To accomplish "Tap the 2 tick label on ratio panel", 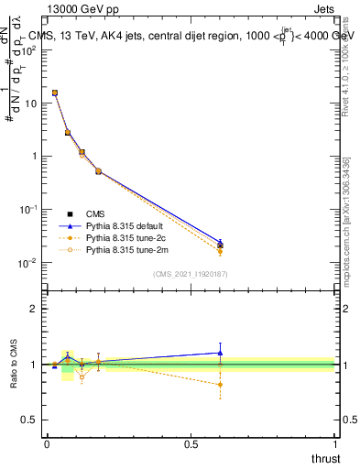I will point(34,309).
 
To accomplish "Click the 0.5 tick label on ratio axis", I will point(29,420).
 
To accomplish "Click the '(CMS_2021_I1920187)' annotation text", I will point(190,273).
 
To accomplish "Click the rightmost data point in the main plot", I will point(220,245).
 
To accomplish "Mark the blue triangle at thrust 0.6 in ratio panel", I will point(220,353).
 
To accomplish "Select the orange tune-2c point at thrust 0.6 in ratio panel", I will point(220,385).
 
